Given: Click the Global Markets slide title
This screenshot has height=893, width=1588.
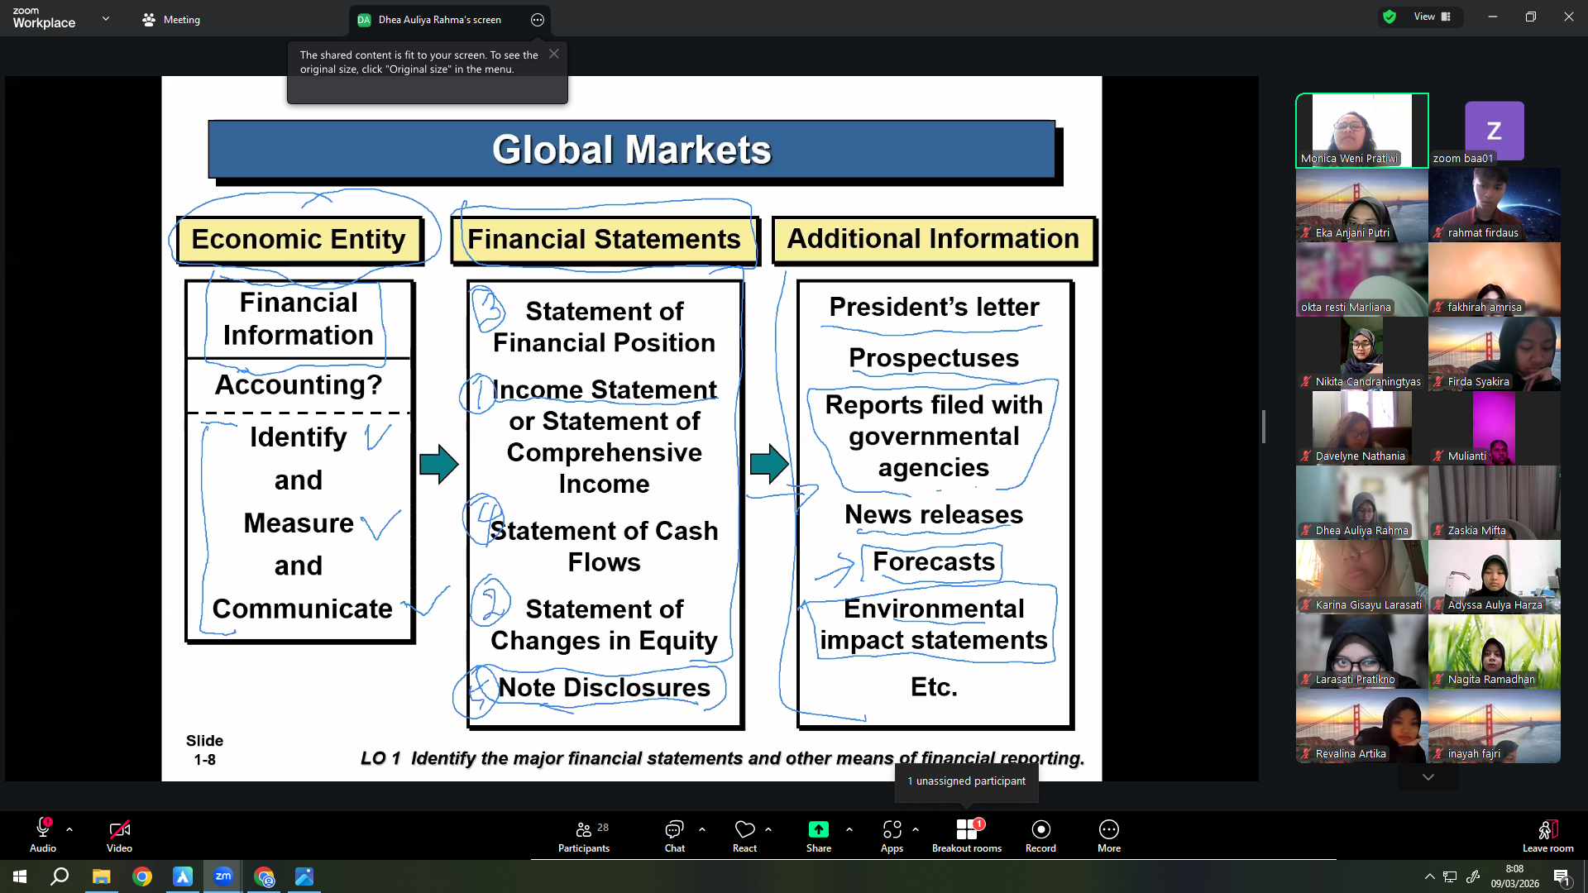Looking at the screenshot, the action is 632,150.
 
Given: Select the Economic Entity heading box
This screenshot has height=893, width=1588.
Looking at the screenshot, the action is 299,240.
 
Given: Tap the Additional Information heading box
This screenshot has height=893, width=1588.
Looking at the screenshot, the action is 933,239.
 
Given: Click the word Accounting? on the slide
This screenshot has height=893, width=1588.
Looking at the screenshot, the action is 299,384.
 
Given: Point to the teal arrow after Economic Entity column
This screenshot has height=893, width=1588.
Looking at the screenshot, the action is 438,464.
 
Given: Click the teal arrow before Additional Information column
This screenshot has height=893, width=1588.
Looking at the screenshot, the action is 769,464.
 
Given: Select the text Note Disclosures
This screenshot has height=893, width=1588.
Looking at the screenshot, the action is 604,687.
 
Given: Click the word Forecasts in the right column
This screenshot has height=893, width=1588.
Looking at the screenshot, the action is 934,561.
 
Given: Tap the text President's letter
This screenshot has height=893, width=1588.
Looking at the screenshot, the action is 934,307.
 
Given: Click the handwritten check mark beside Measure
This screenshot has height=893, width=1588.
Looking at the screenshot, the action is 380,524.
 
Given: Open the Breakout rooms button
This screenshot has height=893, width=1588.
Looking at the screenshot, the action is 967,835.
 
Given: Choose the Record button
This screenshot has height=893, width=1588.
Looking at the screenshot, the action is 1040,835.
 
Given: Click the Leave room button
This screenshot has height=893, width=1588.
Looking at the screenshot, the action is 1548,835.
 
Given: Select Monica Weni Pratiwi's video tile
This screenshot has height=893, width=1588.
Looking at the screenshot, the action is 1362,131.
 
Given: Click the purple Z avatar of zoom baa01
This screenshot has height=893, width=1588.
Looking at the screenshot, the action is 1494,131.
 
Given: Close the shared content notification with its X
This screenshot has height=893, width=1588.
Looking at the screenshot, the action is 554,54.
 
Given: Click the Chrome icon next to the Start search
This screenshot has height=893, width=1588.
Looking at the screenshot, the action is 142,876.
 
